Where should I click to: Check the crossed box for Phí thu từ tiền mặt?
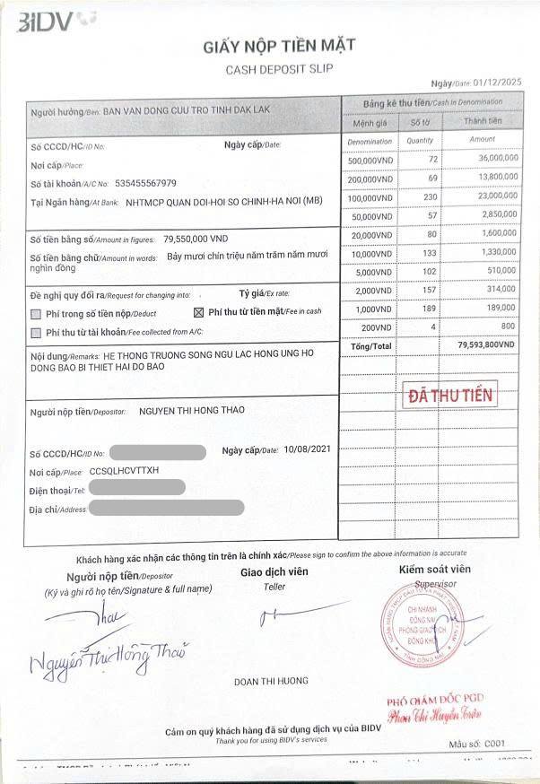point(200,312)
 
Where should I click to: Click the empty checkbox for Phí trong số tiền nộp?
point(36,314)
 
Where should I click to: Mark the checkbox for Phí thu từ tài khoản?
point(36,333)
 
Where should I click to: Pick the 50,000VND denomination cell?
point(370,215)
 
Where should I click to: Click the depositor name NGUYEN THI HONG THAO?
point(192,411)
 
